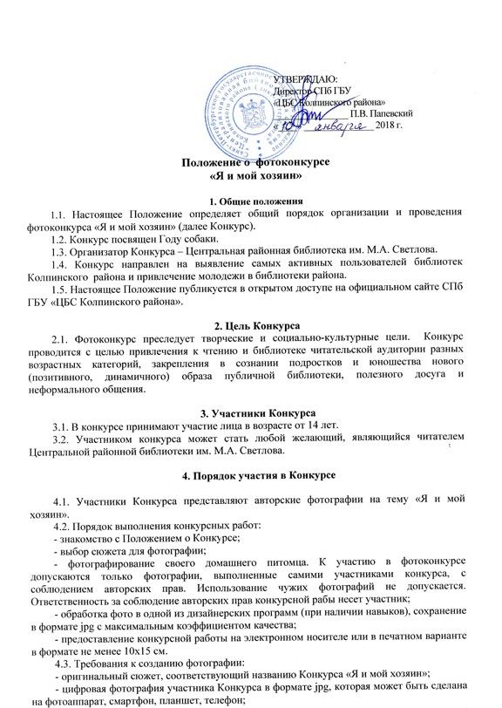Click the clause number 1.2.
(x=63, y=238)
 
